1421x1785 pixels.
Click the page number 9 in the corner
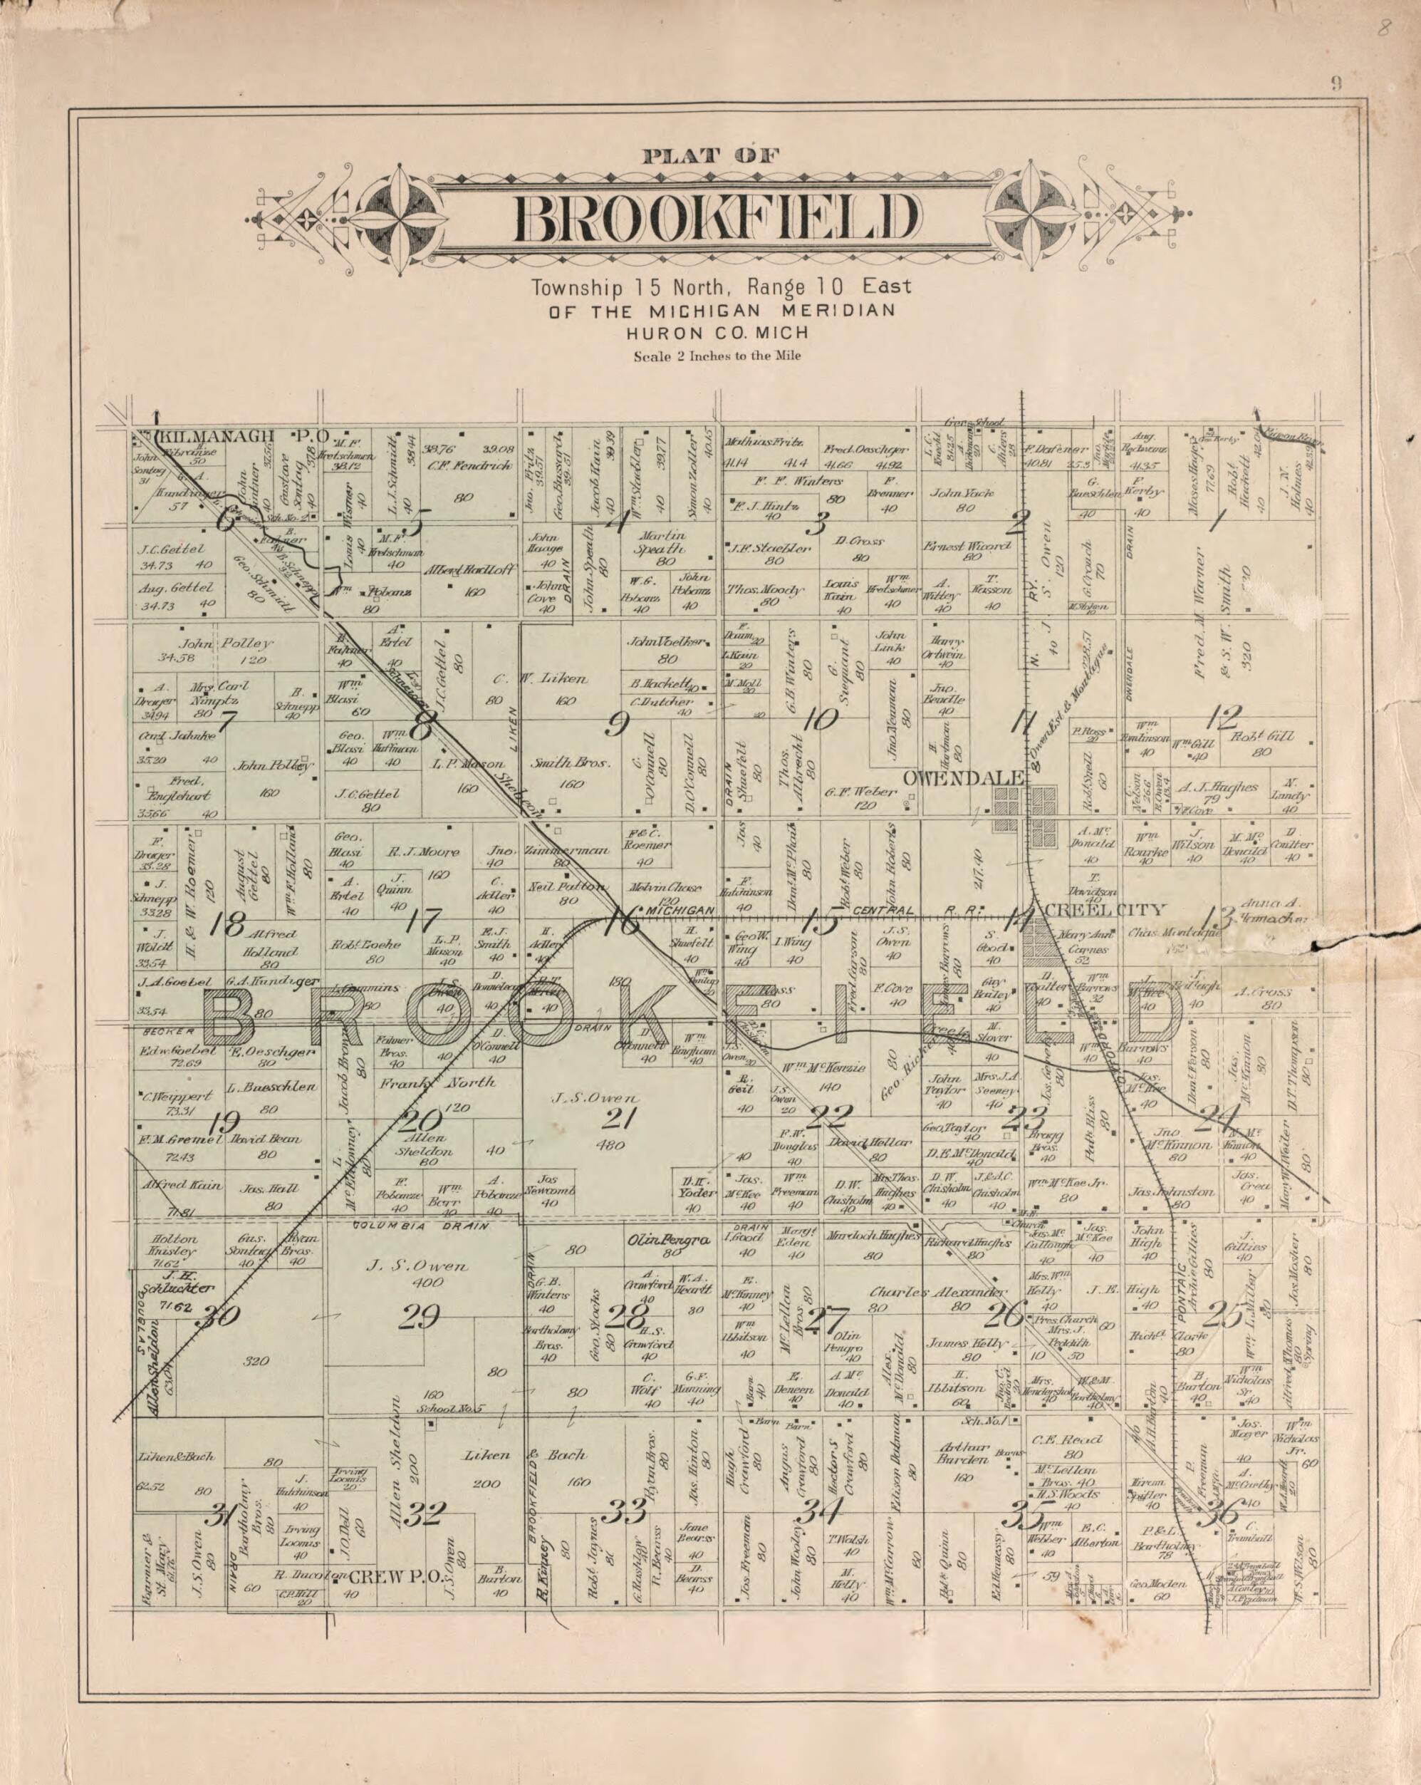[1336, 82]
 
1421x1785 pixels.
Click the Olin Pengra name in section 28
[670, 1239]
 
